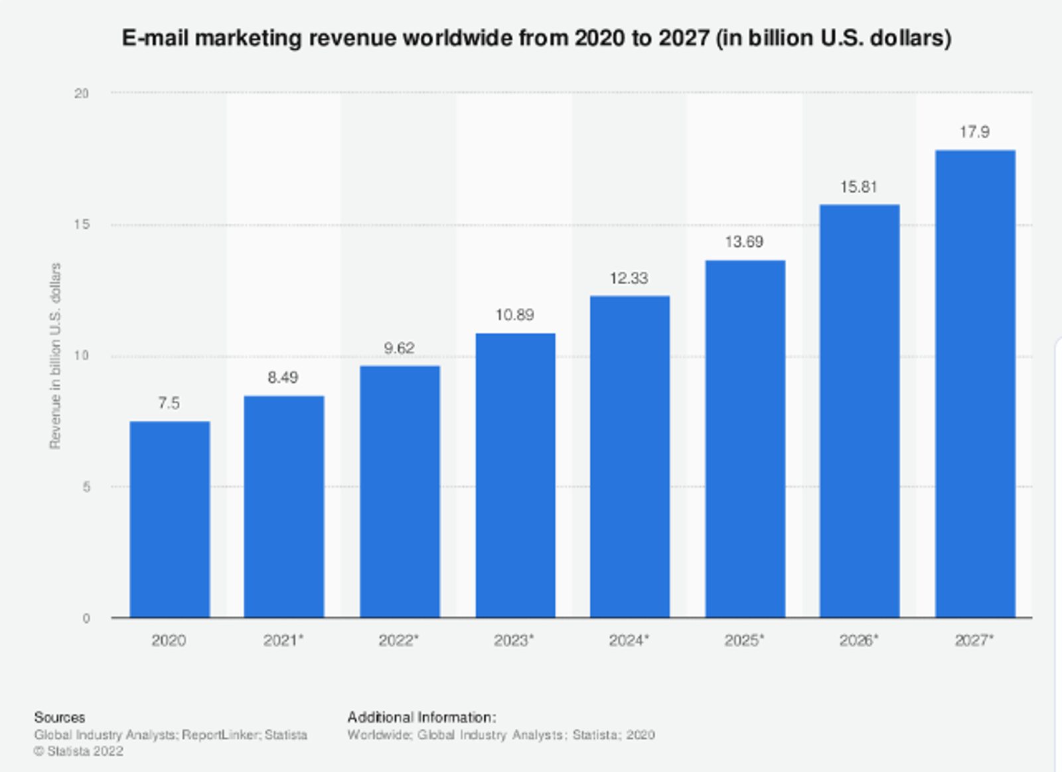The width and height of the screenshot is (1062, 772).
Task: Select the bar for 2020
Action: pyautogui.click(x=169, y=519)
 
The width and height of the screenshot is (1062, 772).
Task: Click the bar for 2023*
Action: pyautogui.click(x=515, y=475)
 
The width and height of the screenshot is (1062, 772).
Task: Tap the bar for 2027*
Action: pyautogui.click(x=975, y=384)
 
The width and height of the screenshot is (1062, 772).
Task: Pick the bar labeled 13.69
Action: pyautogui.click(x=745, y=439)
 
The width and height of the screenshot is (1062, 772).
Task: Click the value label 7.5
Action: pyautogui.click(x=169, y=403)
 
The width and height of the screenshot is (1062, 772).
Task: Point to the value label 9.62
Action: pyautogui.click(x=399, y=348)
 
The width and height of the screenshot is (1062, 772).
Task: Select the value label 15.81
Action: pyautogui.click(x=859, y=187)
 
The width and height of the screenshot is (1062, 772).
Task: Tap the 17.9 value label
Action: pyautogui.click(x=974, y=132)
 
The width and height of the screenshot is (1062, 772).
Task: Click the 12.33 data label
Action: pyautogui.click(x=629, y=278)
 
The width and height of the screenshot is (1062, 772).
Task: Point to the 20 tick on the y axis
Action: pyautogui.click(x=82, y=94)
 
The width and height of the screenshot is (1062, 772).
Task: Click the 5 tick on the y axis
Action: pyautogui.click(x=86, y=487)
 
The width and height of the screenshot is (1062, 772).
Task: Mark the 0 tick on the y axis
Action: pyautogui.click(x=86, y=619)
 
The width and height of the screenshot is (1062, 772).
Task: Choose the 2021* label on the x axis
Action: pyautogui.click(x=283, y=641)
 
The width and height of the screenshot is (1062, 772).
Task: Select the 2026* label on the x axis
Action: pyautogui.click(x=859, y=641)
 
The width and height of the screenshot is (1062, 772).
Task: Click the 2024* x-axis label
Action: pyautogui.click(x=629, y=641)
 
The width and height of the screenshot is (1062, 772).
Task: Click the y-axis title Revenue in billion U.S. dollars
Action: pyautogui.click(x=56, y=356)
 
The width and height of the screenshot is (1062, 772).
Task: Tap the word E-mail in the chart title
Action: pyautogui.click(x=155, y=38)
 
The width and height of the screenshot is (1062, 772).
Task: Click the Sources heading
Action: pyautogui.click(x=60, y=718)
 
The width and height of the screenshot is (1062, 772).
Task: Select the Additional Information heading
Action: pyautogui.click(x=421, y=718)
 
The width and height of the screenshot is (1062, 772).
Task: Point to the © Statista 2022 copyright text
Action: pyautogui.click(x=79, y=751)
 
